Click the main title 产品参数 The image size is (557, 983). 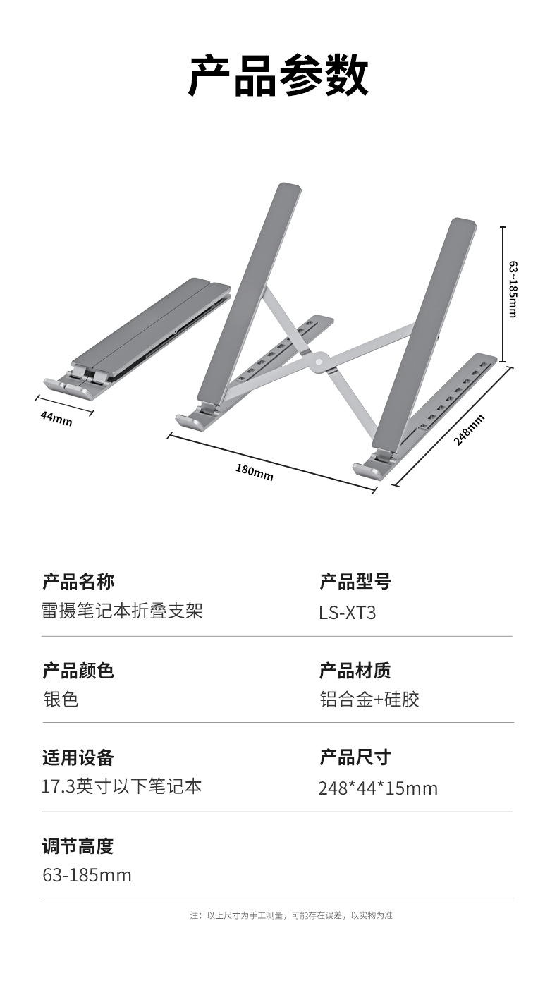[x=278, y=75]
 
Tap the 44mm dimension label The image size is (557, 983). [x=56, y=417]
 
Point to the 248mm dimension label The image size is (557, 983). [x=469, y=429]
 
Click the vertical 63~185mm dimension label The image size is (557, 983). [x=513, y=288]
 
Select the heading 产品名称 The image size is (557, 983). [x=78, y=582]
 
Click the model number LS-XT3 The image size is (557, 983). [x=347, y=612]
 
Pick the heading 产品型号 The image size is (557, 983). [x=355, y=582]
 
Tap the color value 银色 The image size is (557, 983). [x=61, y=700]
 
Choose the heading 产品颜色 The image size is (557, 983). [x=78, y=670]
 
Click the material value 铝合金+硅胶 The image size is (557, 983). [x=369, y=700]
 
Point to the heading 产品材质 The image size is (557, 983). [x=355, y=670]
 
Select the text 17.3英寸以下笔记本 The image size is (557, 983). [x=121, y=786]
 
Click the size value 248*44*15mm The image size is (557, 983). [x=378, y=788]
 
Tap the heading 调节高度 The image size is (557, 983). [x=78, y=845]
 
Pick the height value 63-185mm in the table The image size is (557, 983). [x=87, y=875]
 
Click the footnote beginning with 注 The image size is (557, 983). [x=291, y=915]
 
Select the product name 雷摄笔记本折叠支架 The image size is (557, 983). [x=122, y=611]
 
